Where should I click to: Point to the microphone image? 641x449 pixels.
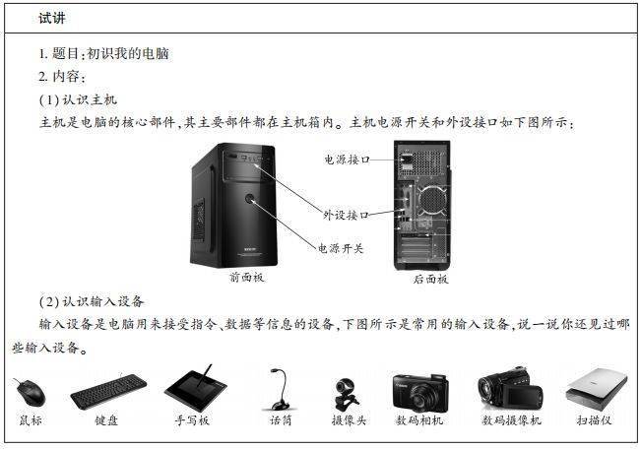[279, 390]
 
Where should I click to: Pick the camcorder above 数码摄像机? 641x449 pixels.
[510, 391]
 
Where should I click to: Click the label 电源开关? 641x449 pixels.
[341, 249]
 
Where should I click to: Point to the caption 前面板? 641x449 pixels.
[246, 279]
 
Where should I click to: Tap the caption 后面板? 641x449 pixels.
[430, 280]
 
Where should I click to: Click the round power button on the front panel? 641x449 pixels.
[259, 201]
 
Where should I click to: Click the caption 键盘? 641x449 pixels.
[106, 420]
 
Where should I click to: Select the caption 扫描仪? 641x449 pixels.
[594, 420]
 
